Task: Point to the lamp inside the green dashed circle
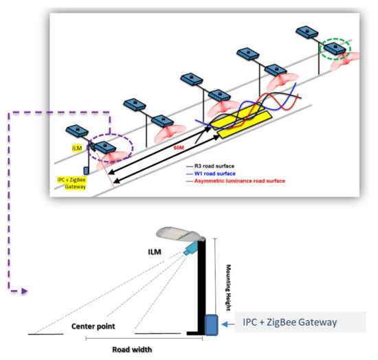click(334, 49)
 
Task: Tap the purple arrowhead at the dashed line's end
click(24, 291)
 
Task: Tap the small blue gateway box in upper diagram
click(85, 170)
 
